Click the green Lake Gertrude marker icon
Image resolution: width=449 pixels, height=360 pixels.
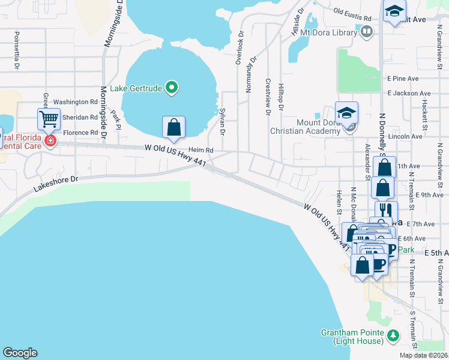pyautogui.click(x=172, y=88)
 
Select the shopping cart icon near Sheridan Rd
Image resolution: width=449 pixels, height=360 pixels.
pyautogui.click(x=49, y=118)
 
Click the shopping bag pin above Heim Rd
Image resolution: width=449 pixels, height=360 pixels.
pyautogui.click(x=173, y=127)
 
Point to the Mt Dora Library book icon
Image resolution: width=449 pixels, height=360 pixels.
pyautogui.click(x=366, y=31)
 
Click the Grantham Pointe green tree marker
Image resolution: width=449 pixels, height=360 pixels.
pyautogui.click(x=393, y=335)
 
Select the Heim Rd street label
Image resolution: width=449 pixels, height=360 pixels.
pyautogui.click(x=201, y=150)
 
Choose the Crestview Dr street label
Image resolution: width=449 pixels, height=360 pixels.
pyautogui.click(x=268, y=96)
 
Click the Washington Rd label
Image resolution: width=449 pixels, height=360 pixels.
pyautogui.click(x=75, y=103)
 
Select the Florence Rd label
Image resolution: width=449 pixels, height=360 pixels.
pyautogui.click(x=80, y=133)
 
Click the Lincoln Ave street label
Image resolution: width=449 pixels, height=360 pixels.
pyautogui.click(x=405, y=136)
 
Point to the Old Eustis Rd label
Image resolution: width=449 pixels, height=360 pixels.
pyautogui.click(x=352, y=14)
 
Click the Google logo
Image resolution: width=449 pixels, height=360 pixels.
pyautogui.click(x=20, y=353)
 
